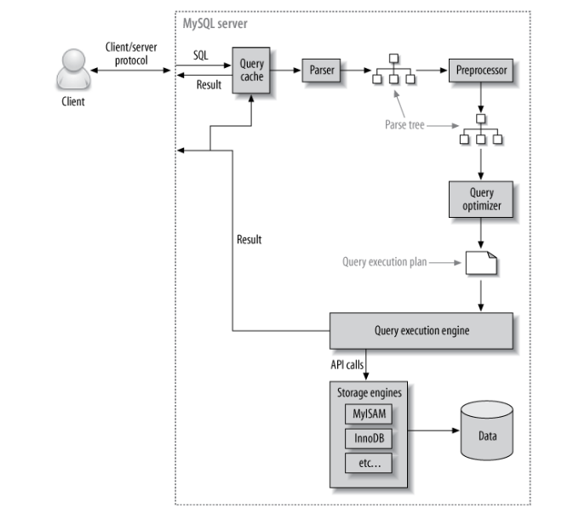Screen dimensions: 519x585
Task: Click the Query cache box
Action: coord(252,71)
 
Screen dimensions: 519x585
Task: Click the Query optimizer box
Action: coord(481,198)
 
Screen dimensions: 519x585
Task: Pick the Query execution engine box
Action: coord(422,330)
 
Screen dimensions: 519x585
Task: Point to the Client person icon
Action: coord(72,71)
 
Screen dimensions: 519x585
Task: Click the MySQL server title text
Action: coord(215,24)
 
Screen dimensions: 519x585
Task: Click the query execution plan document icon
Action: coord(481,264)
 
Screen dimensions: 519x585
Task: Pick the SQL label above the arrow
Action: coord(201,53)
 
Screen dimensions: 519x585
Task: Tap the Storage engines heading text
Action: coord(370,392)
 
